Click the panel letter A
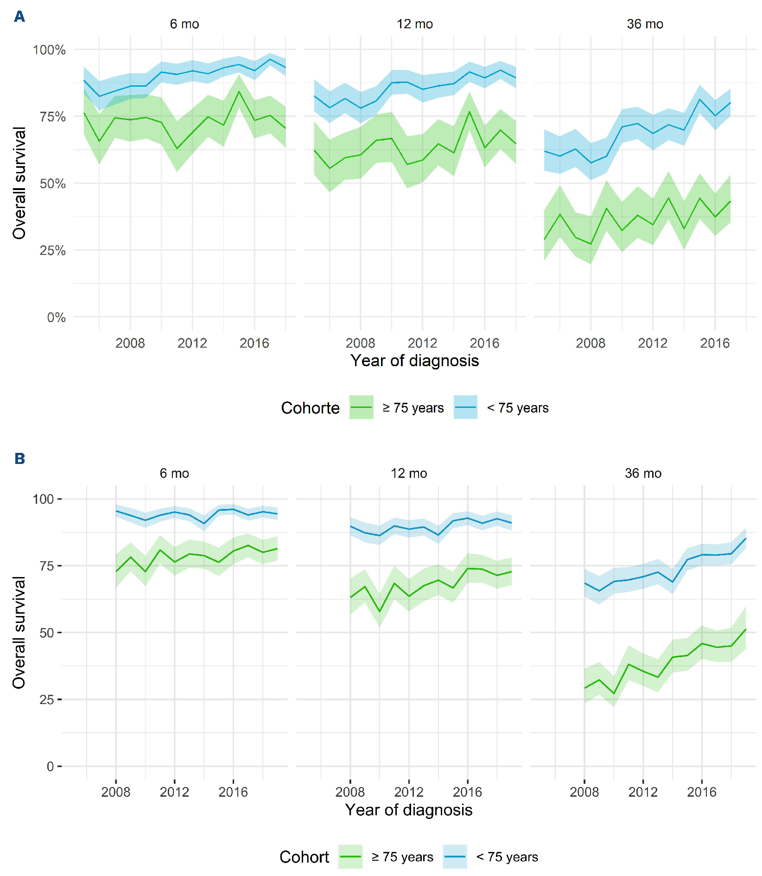(x=19, y=17)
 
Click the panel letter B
(x=19, y=458)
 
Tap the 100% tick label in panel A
(x=49, y=50)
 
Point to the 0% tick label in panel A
(x=56, y=317)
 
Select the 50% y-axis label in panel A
(x=52, y=184)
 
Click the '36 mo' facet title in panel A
(x=645, y=24)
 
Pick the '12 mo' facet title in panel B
(x=409, y=473)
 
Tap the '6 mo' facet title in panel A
(x=184, y=24)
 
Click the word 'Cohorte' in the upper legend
(x=310, y=408)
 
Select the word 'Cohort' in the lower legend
(x=304, y=857)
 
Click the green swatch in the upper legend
(x=362, y=407)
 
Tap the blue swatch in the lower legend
(x=455, y=857)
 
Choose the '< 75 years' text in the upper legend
(x=518, y=408)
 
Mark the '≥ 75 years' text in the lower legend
(x=402, y=857)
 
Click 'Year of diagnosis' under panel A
(x=414, y=361)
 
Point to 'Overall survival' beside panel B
(x=19, y=632)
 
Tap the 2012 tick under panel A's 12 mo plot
(x=422, y=343)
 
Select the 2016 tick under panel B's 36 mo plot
(x=702, y=792)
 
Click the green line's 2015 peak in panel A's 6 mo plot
(x=239, y=91)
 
